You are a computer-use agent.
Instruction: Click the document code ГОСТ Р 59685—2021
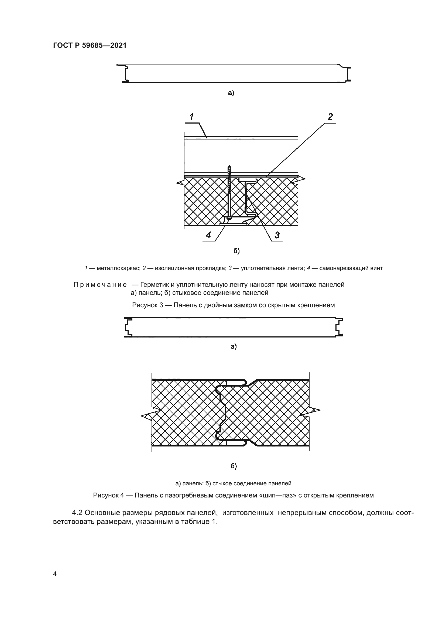(90, 46)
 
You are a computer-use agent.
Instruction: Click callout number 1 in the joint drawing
(191, 117)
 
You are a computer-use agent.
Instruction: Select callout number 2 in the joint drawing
(330, 117)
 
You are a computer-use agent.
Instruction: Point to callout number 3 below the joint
(277, 235)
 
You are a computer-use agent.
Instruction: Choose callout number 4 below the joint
(208, 235)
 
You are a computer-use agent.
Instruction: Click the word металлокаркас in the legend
(118, 268)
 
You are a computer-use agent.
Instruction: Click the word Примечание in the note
(100, 285)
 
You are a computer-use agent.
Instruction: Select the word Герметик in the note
(153, 285)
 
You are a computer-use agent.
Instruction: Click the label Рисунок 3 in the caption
(147, 305)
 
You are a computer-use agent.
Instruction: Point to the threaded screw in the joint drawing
(229, 190)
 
